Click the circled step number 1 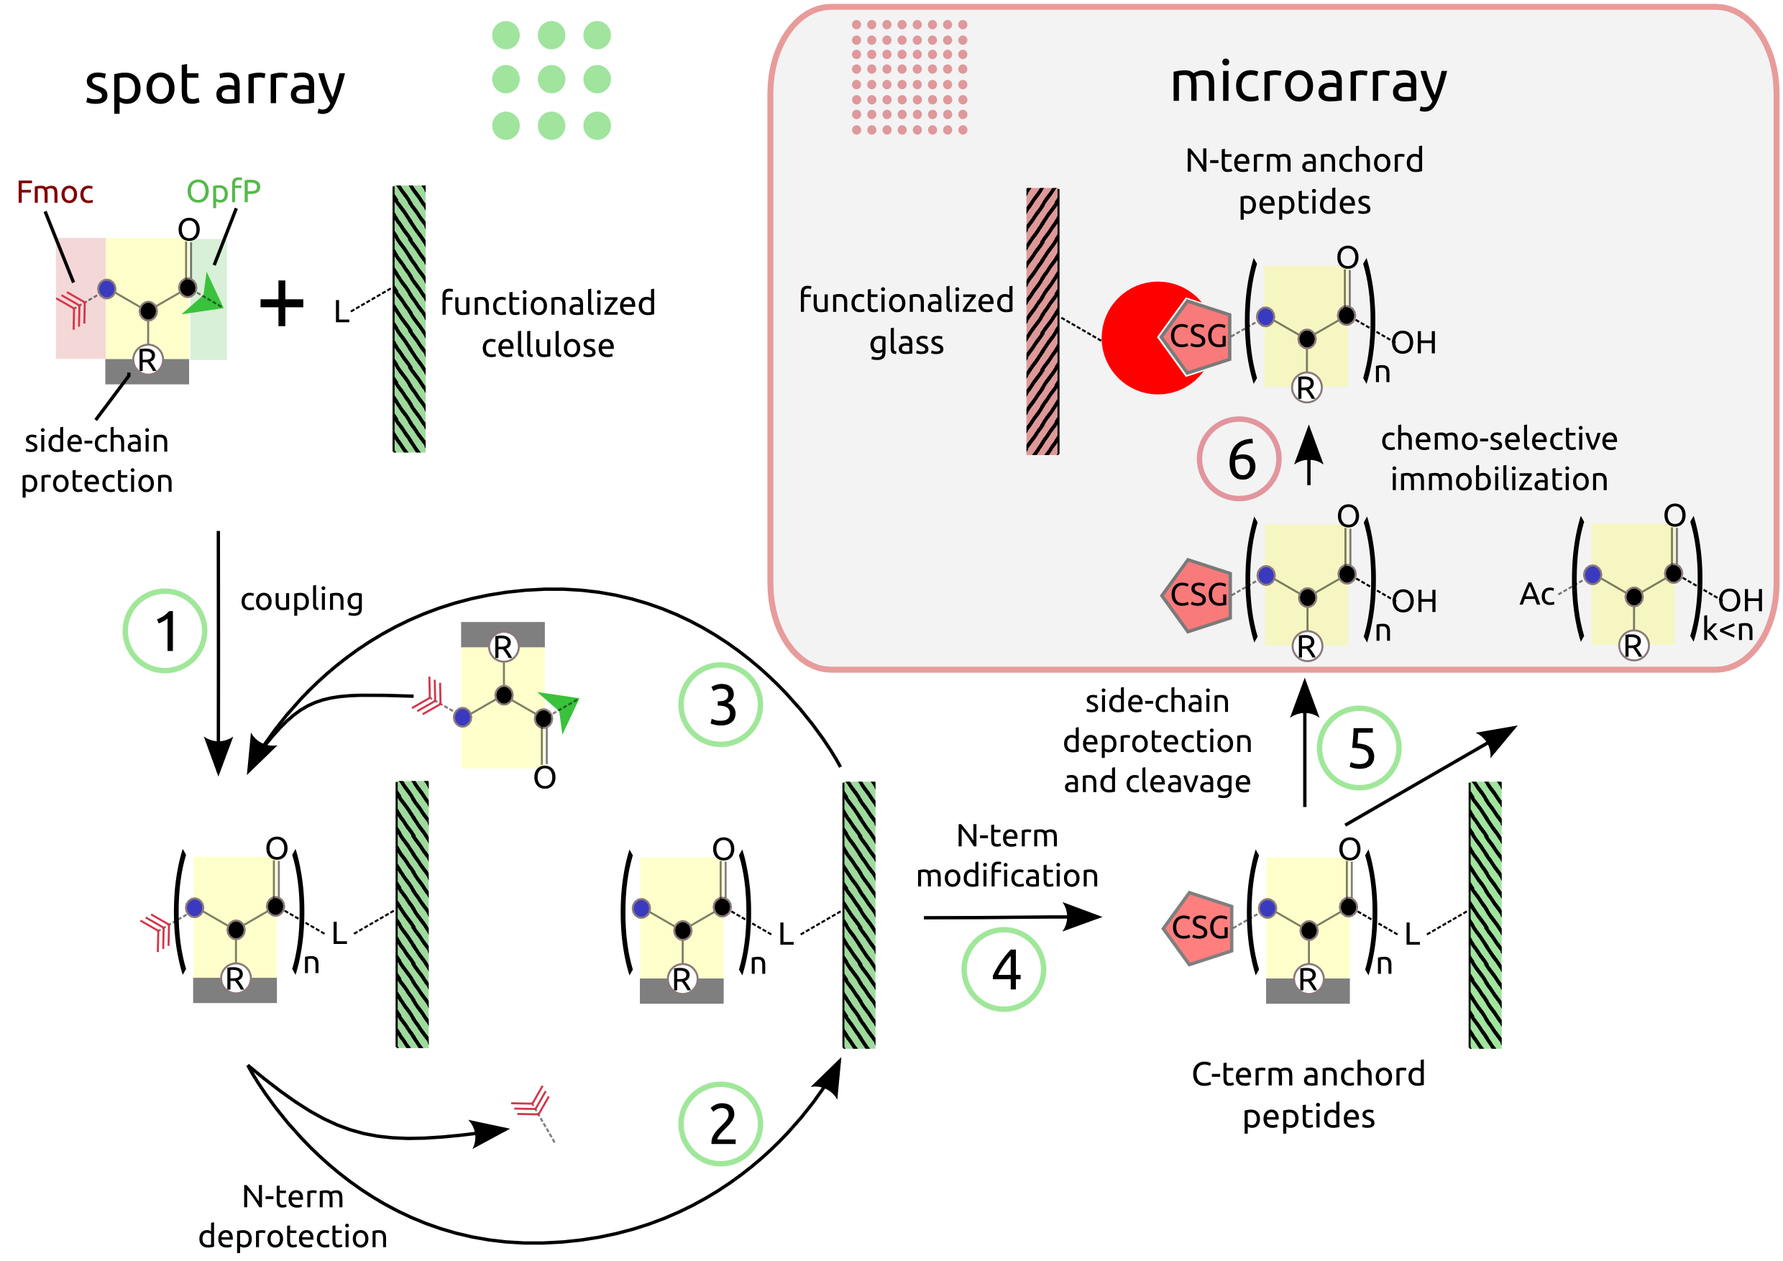165,630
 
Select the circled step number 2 720,1124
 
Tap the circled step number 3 720,705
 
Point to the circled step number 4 1004,970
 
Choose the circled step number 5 1359,748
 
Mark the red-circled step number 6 1239,459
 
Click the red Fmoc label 55,192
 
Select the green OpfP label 223,191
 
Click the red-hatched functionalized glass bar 1042,321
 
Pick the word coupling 301,600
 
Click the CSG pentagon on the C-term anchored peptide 1198,927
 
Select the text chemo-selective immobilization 1498,459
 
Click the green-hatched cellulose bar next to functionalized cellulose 409,318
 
